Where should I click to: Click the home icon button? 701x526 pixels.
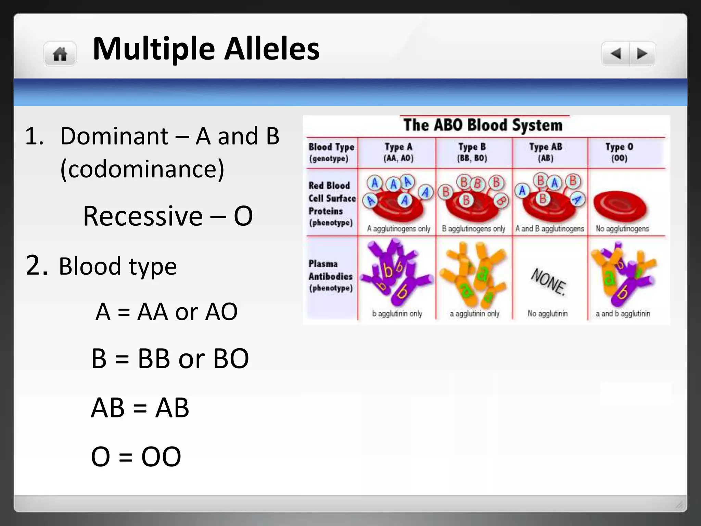pyautogui.click(x=60, y=54)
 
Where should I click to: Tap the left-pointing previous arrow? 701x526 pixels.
pyautogui.click(x=616, y=53)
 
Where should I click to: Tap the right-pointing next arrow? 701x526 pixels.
pyautogui.click(x=642, y=53)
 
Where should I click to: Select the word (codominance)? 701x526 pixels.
pyautogui.click(x=142, y=169)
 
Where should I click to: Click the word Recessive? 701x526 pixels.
pyautogui.click(x=143, y=216)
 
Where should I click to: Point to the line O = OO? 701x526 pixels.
pyautogui.click(x=136, y=456)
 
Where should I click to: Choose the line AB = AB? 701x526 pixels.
pyautogui.click(x=140, y=408)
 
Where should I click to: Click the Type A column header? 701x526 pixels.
pyautogui.click(x=398, y=152)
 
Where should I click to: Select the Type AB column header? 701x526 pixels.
pyautogui.click(x=546, y=152)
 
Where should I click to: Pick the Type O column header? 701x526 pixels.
pyautogui.click(x=619, y=152)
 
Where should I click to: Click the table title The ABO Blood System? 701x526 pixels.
pyautogui.click(x=483, y=125)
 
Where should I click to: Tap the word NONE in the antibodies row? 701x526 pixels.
pyautogui.click(x=548, y=281)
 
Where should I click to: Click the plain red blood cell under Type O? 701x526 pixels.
pyautogui.click(x=620, y=206)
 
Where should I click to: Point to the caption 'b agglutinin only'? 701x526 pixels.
pyautogui.click(x=397, y=313)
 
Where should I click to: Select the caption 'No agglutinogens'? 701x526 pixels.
pyautogui.click(x=622, y=228)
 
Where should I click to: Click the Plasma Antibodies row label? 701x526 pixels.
pyautogui.click(x=330, y=276)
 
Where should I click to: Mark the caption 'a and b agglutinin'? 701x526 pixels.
pyautogui.click(x=623, y=313)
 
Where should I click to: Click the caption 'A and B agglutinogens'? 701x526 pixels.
pyautogui.click(x=549, y=228)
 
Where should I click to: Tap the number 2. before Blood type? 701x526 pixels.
pyautogui.click(x=36, y=265)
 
